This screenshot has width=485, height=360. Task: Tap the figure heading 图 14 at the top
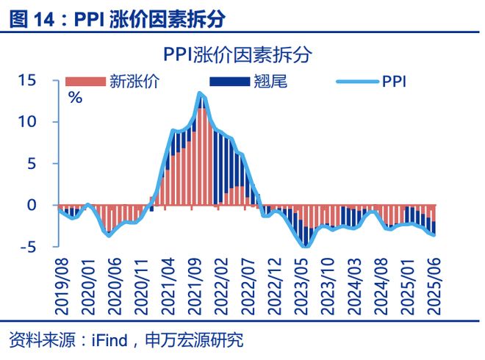pos(34,18)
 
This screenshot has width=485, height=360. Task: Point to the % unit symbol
pos(74,98)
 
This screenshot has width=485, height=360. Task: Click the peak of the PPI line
pos(200,93)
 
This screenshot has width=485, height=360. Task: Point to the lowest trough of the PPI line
pos(306,245)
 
